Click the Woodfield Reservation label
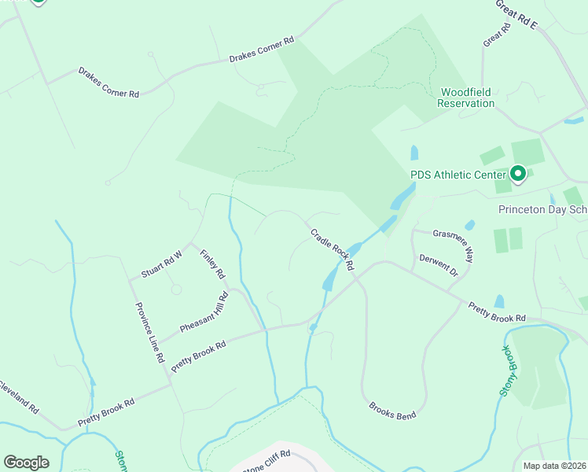tap(466, 98)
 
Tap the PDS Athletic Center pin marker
tap(518, 173)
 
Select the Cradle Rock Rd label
tap(333, 249)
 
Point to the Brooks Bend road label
tap(392, 410)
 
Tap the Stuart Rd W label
tap(161, 264)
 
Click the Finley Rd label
tap(212, 264)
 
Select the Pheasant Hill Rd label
tap(203, 314)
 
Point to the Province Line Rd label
tap(149, 332)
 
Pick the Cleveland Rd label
tap(17, 398)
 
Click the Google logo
tap(26, 463)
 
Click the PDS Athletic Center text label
tap(458, 175)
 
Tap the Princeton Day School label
tap(543, 209)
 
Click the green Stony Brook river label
tap(512, 357)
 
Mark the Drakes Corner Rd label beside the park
tap(261, 49)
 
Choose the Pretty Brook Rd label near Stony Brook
tap(496, 312)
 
